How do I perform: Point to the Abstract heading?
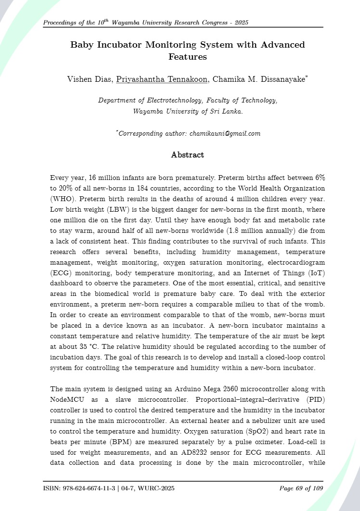point(188,155)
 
